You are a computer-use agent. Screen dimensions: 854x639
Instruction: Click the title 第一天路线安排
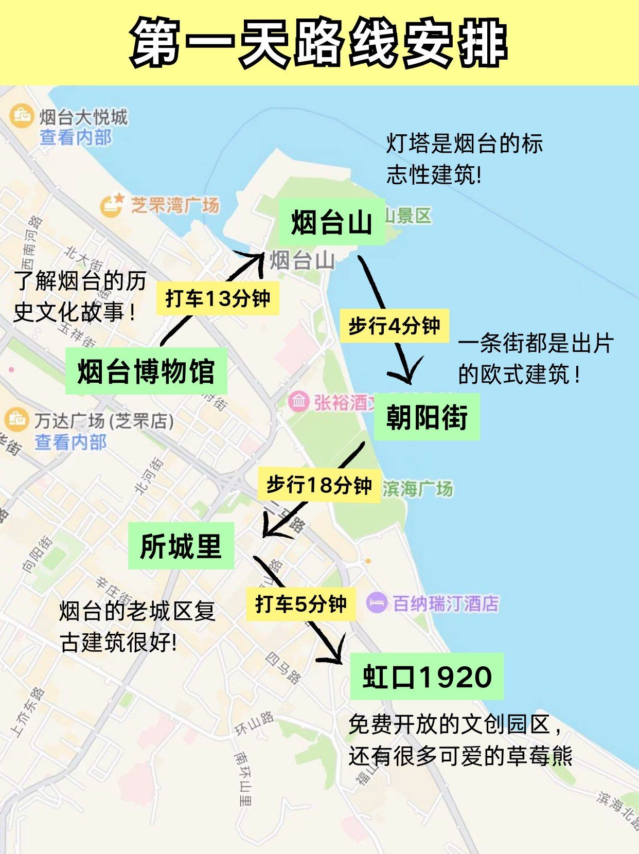pos(319,43)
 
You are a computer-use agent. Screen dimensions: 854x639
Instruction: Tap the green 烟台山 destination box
pos(332,222)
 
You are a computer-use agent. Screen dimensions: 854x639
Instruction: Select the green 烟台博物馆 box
pos(146,371)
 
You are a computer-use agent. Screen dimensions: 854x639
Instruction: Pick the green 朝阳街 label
pos(427,417)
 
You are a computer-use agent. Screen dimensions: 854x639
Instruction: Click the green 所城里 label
pos(181,546)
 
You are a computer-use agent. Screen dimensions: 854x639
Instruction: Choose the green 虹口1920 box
pos(427,677)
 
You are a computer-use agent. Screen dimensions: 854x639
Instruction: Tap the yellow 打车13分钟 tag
pos(218,298)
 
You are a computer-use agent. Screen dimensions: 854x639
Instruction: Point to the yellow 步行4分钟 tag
pos(394,326)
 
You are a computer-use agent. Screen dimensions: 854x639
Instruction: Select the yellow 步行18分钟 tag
pos(319,485)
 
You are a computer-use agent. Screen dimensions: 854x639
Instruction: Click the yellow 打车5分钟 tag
pos(301,603)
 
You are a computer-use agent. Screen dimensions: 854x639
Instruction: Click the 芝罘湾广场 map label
pos(175,205)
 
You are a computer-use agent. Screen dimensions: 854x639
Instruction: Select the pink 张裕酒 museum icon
pos(298,401)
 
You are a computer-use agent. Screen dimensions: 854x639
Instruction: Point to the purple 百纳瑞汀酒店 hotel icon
pos(377,602)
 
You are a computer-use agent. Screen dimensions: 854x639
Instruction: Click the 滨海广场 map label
pos(418,489)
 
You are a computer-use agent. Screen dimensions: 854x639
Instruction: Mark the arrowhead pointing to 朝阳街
pos(407,376)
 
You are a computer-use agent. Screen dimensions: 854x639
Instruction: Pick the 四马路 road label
pos(283,668)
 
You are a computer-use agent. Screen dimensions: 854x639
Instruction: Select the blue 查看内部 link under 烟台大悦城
pos(76,137)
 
